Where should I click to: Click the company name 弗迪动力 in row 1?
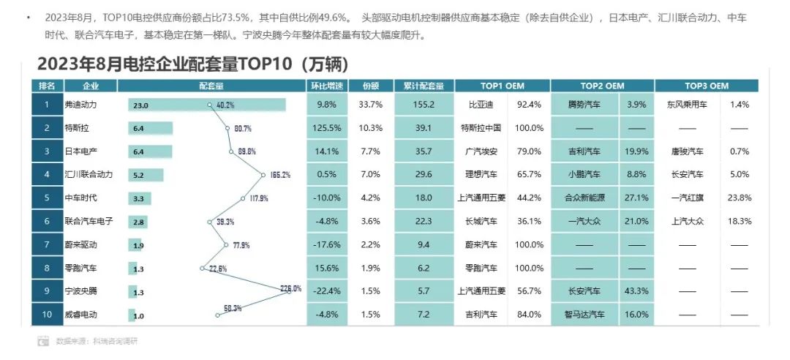tap(80, 105)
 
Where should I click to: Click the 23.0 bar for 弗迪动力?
tap(208, 105)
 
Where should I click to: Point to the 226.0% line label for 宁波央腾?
tap(290, 288)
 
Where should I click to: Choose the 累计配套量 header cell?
tap(424, 86)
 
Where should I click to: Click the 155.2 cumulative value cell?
tap(424, 105)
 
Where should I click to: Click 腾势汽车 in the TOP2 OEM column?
tap(584, 105)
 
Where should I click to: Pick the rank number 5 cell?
tap(47, 198)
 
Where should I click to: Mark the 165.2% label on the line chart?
tap(279, 175)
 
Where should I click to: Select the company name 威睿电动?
tap(80, 315)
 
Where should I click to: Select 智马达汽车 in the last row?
tap(584, 315)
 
